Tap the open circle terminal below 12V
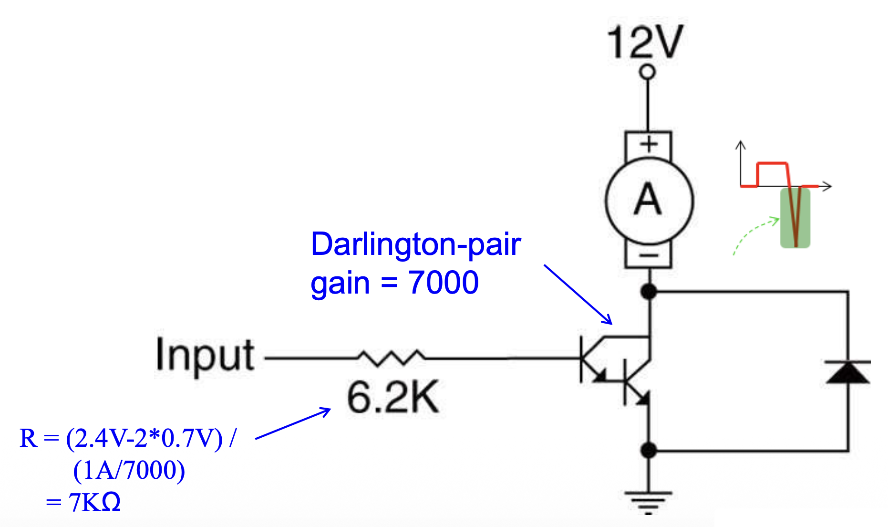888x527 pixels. (x=647, y=73)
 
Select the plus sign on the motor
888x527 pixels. (x=649, y=144)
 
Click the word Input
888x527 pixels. (x=205, y=355)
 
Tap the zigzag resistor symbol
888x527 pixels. (x=391, y=358)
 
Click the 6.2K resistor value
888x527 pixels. (x=392, y=397)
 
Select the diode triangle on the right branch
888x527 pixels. (x=848, y=373)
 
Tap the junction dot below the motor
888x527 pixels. (x=649, y=291)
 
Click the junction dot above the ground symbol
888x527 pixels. (x=649, y=450)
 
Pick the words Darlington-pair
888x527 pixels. (x=416, y=244)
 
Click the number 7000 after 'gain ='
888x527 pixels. (x=444, y=282)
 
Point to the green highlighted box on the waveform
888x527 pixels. (x=795, y=218)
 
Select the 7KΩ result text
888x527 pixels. (x=94, y=503)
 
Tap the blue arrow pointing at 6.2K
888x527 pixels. (x=293, y=423)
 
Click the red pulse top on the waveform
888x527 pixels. (x=772, y=164)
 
